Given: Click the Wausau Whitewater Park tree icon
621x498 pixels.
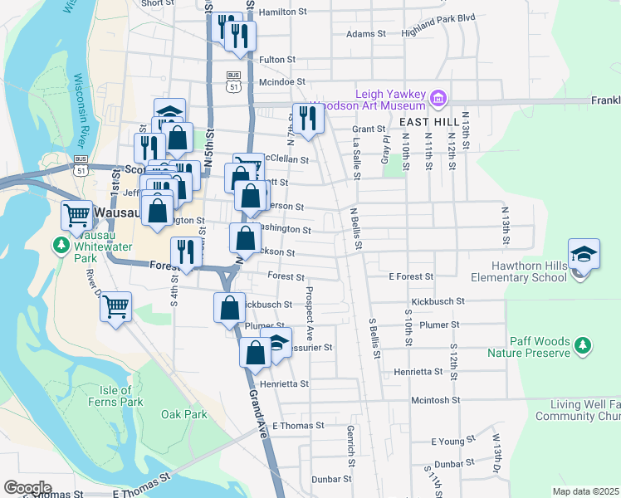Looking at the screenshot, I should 61,245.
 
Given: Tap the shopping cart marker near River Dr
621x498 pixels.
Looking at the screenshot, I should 115,307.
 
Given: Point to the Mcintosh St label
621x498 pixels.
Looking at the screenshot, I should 435,399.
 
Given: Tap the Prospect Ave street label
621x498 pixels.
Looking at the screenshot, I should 309,309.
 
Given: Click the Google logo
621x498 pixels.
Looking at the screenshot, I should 27,488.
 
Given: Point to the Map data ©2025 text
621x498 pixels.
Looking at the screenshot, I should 585,491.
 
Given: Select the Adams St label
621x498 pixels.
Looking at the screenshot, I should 366,34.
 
